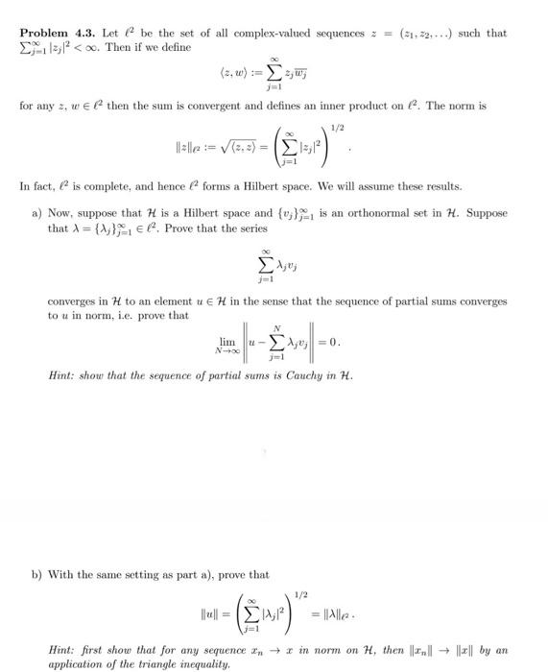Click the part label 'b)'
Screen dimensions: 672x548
[x=37, y=574]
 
